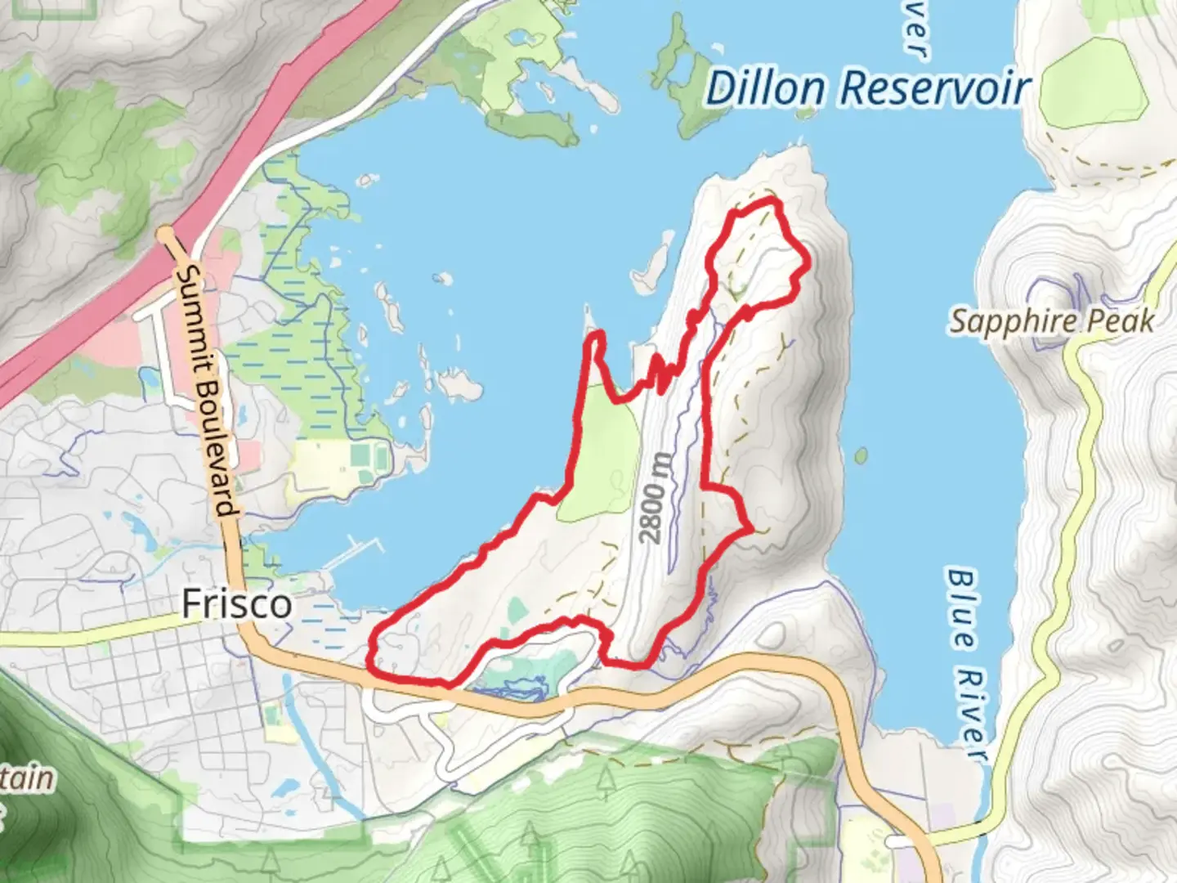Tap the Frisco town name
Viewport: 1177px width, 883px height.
pyautogui.click(x=236, y=603)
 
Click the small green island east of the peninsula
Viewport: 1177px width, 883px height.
pyautogui.click(x=860, y=455)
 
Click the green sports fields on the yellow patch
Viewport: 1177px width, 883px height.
pyautogui.click(x=369, y=453)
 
